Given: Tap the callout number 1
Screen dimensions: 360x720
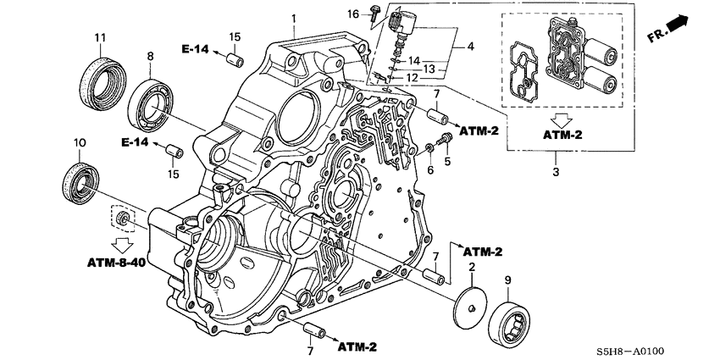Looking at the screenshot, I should [x=294, y=18].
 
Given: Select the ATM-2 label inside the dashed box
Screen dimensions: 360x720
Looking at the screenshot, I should [x=556, y=135].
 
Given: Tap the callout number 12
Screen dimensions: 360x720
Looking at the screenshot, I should [x=413, y=79].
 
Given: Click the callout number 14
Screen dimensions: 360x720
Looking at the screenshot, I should [x=414, y=61].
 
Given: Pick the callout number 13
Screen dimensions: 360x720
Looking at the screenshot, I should [x=430, y=69].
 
